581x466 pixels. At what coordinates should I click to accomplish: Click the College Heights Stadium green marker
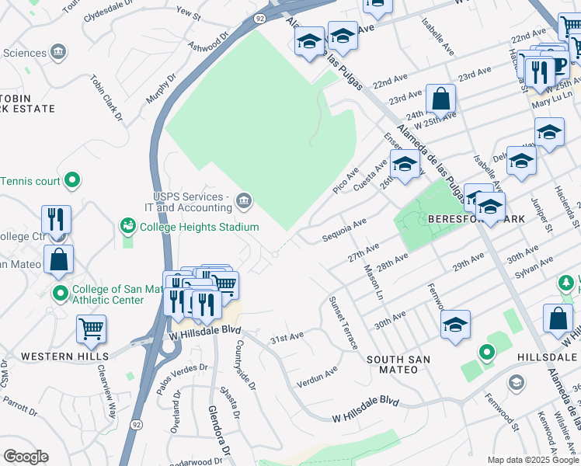127,226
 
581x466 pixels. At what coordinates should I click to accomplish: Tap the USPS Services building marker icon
244,202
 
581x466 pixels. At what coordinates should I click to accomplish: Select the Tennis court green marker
72,181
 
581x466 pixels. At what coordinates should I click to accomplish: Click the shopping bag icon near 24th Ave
440,99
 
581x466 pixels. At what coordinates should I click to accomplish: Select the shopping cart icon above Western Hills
92,329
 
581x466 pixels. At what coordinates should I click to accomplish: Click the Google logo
26,457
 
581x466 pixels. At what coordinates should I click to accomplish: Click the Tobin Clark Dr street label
106,99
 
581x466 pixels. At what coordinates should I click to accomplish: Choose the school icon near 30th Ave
455,325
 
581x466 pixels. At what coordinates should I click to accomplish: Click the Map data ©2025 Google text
533,460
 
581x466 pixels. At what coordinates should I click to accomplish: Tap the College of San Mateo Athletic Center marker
60,294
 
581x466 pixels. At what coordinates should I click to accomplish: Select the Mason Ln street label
373,283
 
